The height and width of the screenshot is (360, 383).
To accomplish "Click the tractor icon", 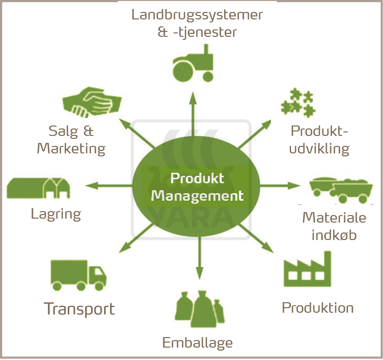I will coord(193,64).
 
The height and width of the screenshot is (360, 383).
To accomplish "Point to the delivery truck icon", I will coord(78,275).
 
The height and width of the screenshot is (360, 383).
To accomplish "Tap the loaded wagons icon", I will coord(342,189).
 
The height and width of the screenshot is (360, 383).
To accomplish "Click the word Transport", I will coord(79,309).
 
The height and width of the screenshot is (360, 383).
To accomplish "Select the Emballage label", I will coord(198,343).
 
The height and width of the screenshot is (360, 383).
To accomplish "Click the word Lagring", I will coord(56,214).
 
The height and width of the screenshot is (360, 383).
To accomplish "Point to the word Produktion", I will coord(318,307).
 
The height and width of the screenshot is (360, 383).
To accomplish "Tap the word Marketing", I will coord(71,148).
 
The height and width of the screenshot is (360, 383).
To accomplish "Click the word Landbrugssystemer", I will coord(197,14).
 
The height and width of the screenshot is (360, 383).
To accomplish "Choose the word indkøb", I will coord(334,234).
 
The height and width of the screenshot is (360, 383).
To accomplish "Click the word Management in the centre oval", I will coord(198,195).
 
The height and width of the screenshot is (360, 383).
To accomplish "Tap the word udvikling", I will coord(320,148).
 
